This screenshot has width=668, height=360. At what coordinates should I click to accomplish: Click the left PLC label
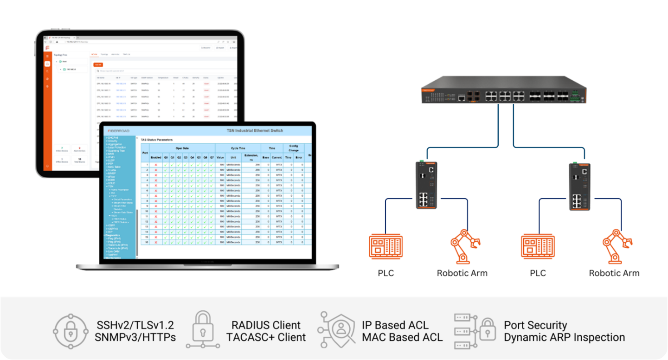pos(385,273)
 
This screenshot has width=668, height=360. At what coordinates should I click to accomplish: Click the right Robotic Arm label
pos(614,273)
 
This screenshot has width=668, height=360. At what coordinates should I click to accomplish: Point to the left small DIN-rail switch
pos(425,185)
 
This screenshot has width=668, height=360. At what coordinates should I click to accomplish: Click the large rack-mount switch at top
pos(504,90)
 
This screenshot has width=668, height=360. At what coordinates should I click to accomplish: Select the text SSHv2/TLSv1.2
pos(135,325)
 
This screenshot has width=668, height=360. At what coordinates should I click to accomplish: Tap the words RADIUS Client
pos(266,325)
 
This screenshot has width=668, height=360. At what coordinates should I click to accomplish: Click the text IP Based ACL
pos(395,325)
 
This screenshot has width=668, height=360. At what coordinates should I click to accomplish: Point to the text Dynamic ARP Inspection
pos(564,337)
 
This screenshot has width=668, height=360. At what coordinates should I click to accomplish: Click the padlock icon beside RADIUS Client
pos(203,330)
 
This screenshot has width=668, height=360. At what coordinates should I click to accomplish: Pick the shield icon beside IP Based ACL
pos(338,330)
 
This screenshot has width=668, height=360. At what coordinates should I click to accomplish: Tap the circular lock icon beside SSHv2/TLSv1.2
pos(71,331)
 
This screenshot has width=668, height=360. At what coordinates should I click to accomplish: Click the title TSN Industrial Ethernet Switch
pos(254,130)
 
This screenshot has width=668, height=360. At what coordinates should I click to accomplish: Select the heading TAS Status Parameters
pos(157,139)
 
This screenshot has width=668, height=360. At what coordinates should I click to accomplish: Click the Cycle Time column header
pos(238,148)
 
